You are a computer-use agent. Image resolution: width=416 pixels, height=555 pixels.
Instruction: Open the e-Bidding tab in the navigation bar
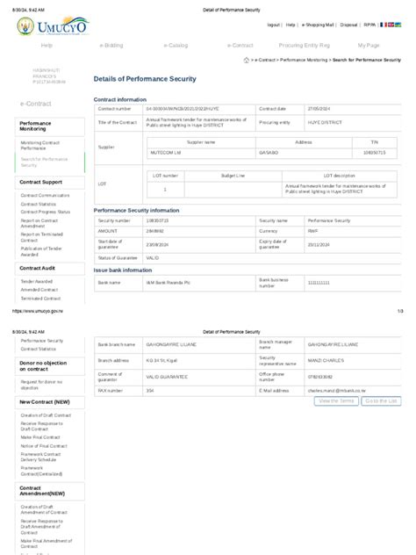(x=111, y=44)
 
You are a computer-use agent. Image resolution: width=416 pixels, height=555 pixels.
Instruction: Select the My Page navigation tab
(x=369, y=44)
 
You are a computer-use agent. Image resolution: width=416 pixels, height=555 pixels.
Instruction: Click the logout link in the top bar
(x=274, y=25)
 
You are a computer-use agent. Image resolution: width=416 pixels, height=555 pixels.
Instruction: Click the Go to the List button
(x=381, y=400)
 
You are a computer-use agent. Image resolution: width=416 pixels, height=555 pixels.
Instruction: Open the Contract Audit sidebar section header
(x=37, y=267)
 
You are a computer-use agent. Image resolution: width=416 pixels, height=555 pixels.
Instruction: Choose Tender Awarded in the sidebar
(x=37, y=281)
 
